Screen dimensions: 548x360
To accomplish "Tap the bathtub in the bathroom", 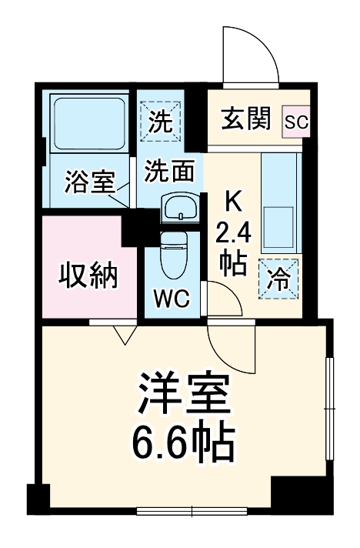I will pos(88,123).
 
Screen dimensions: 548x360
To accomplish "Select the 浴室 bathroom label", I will pos(89,183).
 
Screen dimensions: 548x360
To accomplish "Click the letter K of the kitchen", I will pos(233,202).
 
